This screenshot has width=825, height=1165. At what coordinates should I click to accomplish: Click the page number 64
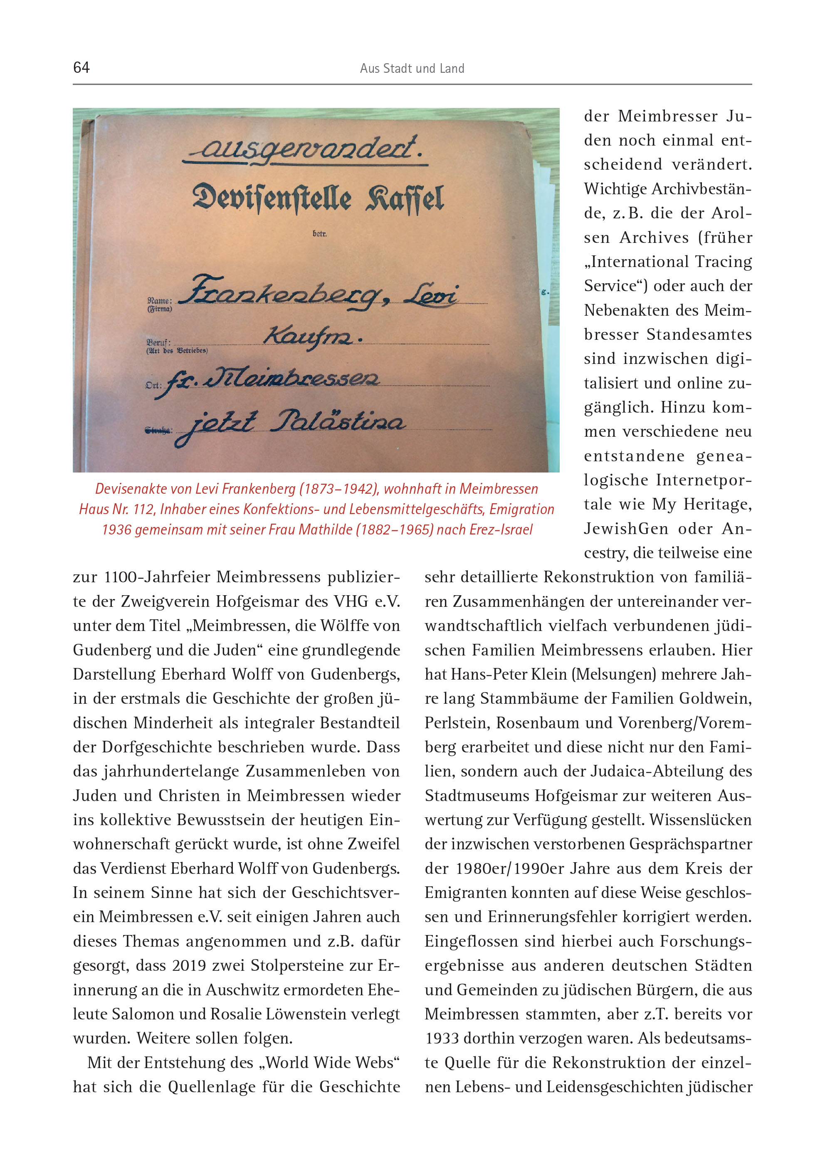[81, 67]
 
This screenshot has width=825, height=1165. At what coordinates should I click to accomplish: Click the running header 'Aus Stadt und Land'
[412, 69]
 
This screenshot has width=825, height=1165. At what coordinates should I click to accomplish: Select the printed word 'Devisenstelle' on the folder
[272, 198]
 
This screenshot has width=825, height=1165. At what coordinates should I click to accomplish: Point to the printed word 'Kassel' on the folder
[405, 198]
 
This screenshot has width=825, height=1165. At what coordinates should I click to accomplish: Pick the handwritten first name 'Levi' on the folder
[432, 294]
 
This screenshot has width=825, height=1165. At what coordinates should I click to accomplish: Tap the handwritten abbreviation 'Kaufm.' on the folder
[311, 336]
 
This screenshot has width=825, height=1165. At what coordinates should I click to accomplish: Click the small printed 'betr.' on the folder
[319, 234]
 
